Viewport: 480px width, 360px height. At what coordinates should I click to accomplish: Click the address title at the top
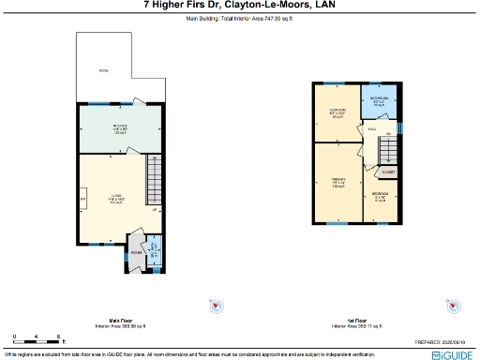click(x=239, y=6)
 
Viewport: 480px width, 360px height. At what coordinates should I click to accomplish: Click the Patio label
click(x=104, y=70)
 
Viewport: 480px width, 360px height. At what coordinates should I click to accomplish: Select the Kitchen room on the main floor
click(x=121, y=128)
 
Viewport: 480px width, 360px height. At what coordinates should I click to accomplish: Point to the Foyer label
click(x=137, y=252)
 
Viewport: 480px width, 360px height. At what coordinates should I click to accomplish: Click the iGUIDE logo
click(x=453, y=355)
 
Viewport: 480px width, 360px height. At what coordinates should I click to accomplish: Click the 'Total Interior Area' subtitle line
click(x=239, y=17)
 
